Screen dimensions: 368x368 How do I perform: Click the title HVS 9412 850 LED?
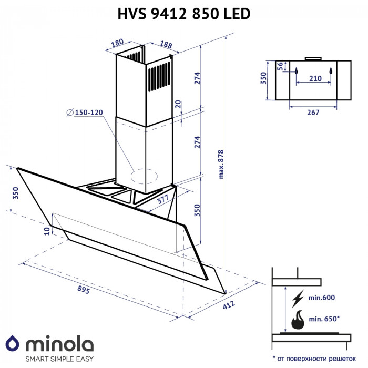183,15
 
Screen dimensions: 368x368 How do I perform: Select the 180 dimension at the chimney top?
118,43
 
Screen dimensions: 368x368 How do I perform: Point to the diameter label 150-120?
88,113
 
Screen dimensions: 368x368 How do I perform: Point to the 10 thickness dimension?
47,230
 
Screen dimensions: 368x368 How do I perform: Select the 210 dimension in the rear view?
315,78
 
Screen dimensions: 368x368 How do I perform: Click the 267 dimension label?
313,112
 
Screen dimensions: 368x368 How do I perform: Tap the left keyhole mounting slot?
297,70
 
